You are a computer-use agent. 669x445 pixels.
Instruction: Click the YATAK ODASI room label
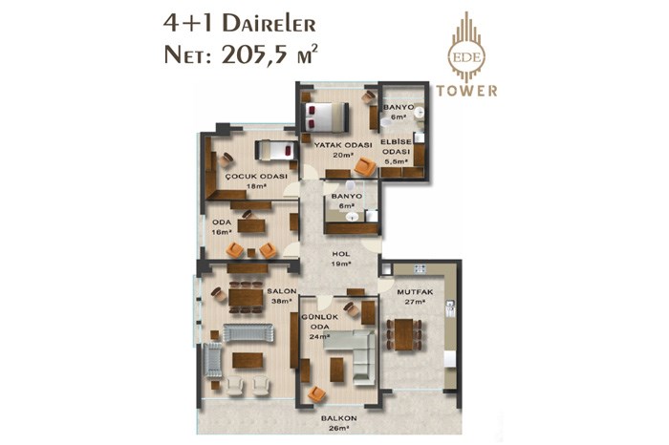click(343, 145)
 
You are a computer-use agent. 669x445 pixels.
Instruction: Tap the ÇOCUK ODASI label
click(256, 176)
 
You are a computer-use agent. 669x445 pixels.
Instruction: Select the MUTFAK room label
click(415, 292)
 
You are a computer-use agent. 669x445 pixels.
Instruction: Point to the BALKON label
click(339, 418)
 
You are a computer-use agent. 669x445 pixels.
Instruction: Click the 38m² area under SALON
click(282, 301)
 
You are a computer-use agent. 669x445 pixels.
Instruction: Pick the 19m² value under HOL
click(341, 264)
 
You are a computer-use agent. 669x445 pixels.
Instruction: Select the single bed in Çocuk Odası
click(276, 151)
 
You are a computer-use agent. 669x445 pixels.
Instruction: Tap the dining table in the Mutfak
click(403, 334)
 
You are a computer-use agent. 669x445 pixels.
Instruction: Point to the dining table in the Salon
click(246, 297)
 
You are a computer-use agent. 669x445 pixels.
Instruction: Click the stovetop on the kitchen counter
click(420, 268)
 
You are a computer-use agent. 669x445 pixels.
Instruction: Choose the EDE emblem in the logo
click(466, 57)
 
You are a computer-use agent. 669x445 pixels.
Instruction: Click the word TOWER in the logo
click(466, 91)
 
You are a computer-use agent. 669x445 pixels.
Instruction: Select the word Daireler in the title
click(270, 24)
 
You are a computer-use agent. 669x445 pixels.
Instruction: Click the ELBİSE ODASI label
click(397, 147)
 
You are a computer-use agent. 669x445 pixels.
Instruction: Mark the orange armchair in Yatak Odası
click(365, 167)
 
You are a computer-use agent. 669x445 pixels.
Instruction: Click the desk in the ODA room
click(251, 225)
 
